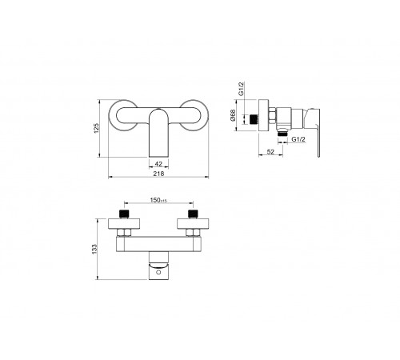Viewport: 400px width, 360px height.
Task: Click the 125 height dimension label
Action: click(97, 128)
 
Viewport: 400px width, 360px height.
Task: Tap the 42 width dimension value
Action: click(158, 164)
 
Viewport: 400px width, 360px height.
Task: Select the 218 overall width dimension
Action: click(158, 174)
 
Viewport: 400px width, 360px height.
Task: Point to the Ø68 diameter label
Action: click(233, 115)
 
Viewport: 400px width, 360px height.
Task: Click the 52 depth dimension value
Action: click(270, 152)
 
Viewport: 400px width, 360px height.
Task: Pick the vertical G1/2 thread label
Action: click(241, 89)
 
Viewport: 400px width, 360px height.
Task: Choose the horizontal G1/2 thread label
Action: click(298, 139)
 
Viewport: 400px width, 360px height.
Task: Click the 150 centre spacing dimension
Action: click(158, 200)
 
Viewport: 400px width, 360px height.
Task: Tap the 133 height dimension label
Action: click(94, 249)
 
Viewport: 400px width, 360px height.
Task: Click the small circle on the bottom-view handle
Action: click(158, 272)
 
